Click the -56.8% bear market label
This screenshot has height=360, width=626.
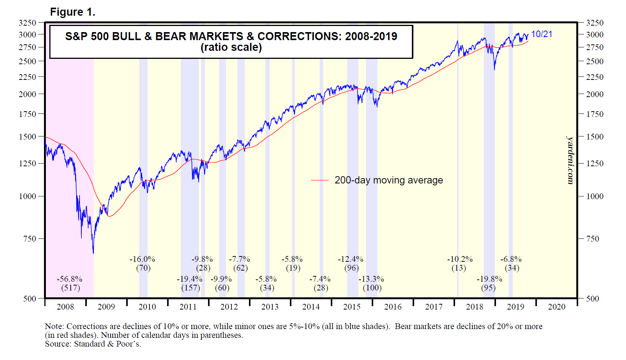[70, 279]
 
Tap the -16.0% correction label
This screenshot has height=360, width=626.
[142, 259]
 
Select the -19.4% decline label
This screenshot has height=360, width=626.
[190, 279]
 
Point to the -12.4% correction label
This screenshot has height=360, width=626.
[350, 259]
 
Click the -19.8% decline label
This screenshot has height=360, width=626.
[489, 279]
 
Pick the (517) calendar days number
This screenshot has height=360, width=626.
[71, 288]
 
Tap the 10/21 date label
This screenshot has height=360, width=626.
[542, 34]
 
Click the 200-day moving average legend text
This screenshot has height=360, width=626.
[389, 180]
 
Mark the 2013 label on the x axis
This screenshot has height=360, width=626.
[270, 307]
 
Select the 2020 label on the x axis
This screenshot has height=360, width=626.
[556, 307]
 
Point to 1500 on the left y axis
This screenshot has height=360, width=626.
[28, 137]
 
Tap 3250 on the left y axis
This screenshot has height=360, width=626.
[28, 23]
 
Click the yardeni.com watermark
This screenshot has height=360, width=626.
[570, 160]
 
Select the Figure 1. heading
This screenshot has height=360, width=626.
[73, 12]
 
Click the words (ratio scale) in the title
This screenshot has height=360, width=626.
[231, 47]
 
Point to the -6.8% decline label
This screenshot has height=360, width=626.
[511, 259]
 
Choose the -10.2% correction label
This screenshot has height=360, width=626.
[460, 259]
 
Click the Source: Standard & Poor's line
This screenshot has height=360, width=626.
[93, 344]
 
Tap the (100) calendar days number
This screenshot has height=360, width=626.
[372, 288]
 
